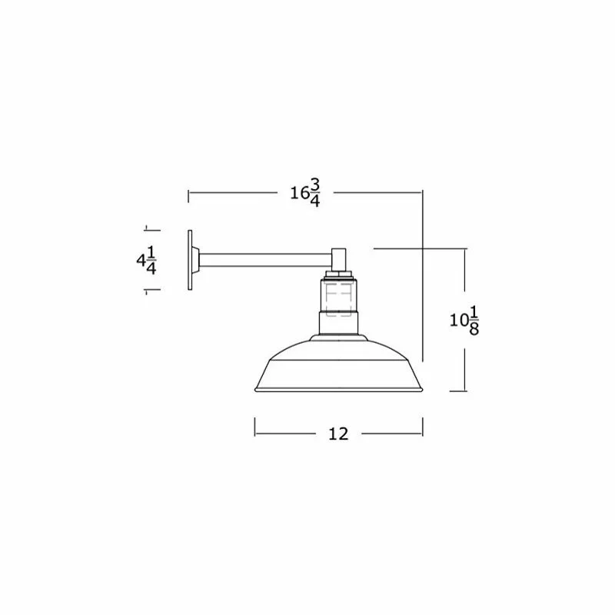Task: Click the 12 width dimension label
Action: click(x=338, y=434)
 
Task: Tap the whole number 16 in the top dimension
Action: click(x=300, y=193)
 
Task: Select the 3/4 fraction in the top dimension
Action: click(x=315, y=193)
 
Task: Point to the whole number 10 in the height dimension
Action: click(x=459, y=321)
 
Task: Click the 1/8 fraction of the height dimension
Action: click(x=474, y=321)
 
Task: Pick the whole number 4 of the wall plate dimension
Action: click(x=141, y=260)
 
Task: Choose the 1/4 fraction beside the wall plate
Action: click(x=151, y=260)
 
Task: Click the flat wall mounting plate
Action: click(x=190, y=260)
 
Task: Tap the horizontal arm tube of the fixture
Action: click(x=265, y=261)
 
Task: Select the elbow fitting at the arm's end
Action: click(x=339, y=259)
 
